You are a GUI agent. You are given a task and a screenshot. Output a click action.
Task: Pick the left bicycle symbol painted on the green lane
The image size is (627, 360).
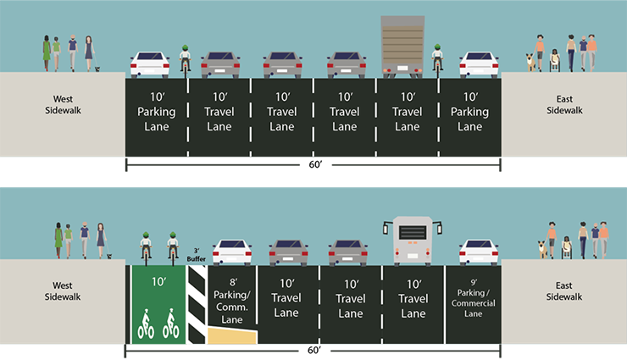146,324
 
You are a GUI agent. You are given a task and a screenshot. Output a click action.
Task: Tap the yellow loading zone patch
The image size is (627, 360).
233,339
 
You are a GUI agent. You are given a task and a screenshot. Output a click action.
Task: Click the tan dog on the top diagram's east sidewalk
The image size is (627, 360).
530,62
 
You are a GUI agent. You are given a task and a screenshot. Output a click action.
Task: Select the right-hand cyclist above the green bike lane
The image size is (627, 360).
172,246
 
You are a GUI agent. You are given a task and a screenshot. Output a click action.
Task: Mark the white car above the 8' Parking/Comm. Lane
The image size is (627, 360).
232,252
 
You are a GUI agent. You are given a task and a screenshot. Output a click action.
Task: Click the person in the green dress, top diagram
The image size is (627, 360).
47,53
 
